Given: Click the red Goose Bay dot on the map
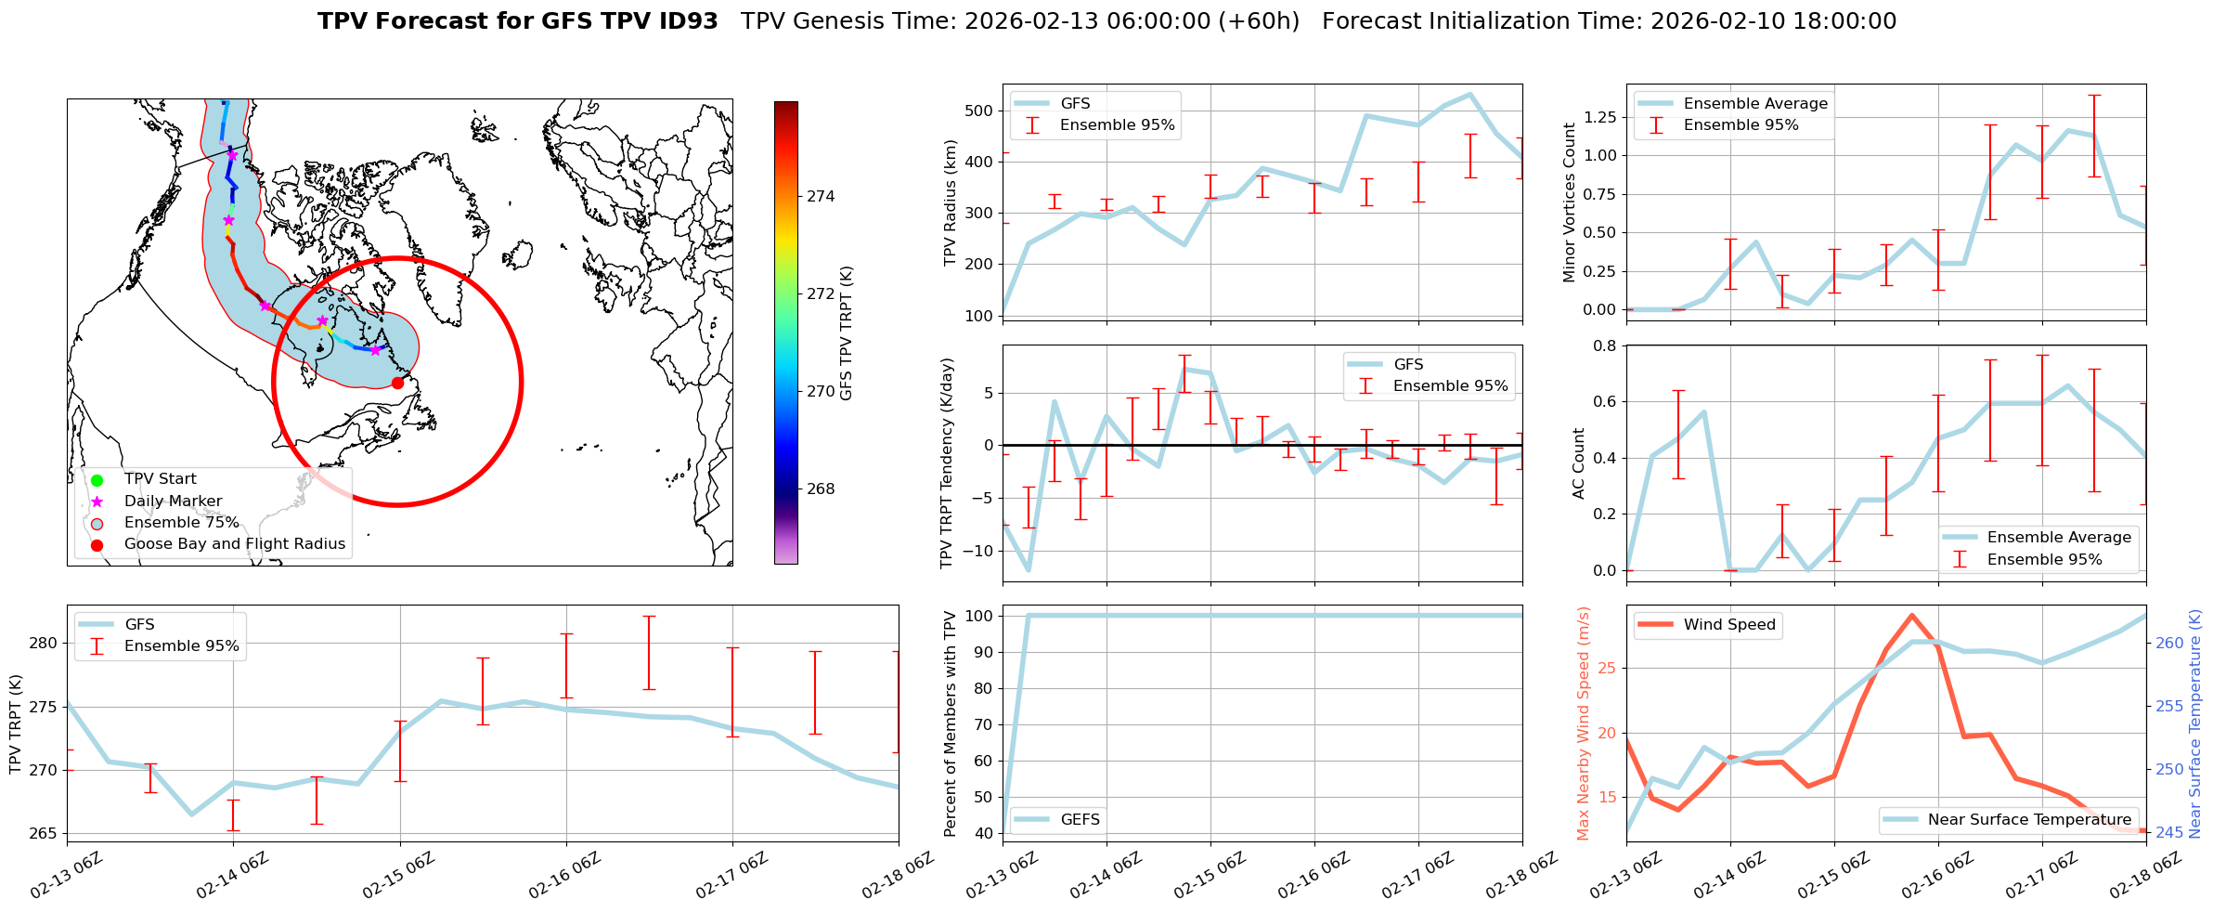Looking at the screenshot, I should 397,383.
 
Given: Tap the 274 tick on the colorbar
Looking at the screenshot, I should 821,197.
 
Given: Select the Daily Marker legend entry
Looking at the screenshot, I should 173,502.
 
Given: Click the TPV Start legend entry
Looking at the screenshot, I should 160,479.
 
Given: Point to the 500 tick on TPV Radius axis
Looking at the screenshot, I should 980,111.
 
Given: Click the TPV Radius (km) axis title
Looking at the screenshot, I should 950,202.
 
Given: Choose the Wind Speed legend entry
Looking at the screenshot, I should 1728,625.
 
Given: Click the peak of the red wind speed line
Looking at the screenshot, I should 1911,615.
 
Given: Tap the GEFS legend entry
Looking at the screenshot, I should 1080,820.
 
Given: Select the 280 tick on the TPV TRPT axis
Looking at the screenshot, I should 45,643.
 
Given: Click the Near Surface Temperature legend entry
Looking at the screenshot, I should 2029,820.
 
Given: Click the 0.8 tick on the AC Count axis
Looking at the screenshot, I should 1605,346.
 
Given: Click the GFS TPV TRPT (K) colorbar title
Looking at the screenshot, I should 846,332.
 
